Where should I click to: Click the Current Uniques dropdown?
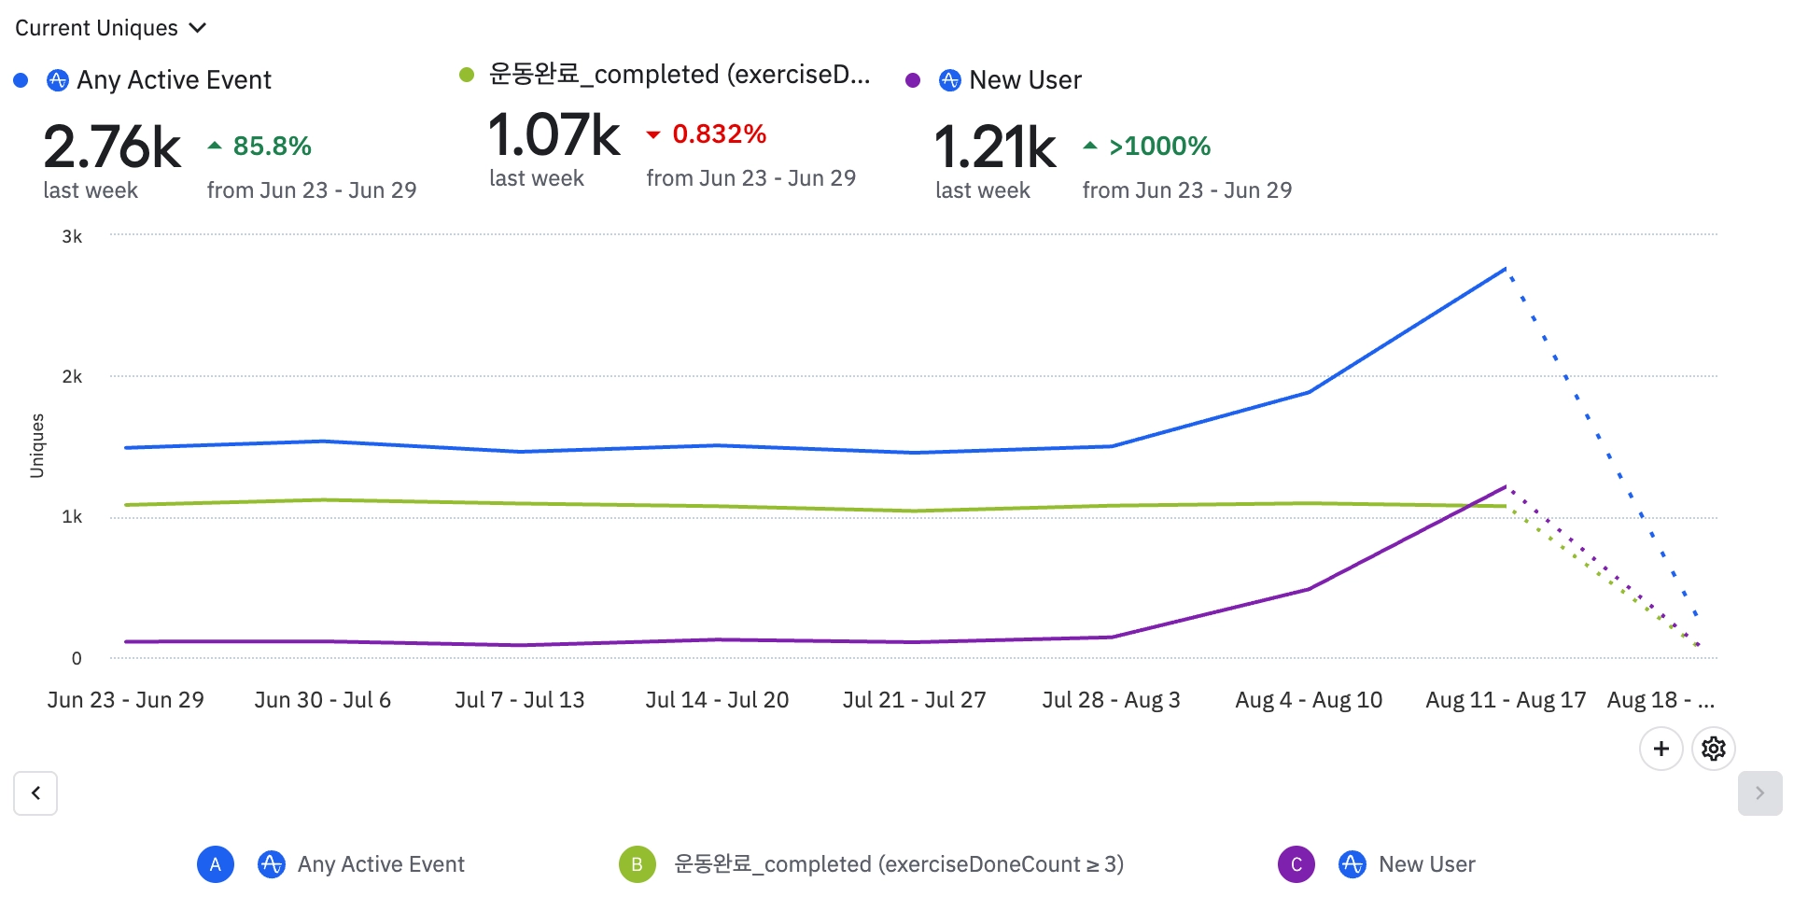click(110, 28)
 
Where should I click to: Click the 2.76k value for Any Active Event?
click(112, 147)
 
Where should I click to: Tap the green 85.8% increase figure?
click(272, 147)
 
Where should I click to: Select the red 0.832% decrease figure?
click(719, 134)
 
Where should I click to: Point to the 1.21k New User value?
click(995, 147)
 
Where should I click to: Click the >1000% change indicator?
click(1159, 147)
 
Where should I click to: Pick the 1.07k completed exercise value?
click(554, 135)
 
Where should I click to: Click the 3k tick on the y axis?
click(72, 237)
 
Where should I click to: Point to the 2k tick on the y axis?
click(72, 377)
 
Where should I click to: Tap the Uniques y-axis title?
click(37, 446)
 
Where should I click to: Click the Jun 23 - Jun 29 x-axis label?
click(126, 700)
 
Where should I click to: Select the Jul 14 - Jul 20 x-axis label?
click(717, 700)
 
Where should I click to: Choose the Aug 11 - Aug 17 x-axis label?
click(1506, 700)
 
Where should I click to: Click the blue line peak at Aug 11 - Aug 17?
click(1506, 269)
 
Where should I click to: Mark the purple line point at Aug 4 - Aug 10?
click(1309, 589)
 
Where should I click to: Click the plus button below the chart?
click(1661, 749)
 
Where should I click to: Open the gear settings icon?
click(1714, 749)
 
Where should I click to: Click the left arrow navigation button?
click(35, 793)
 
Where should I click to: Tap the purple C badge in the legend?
click(1296, 864)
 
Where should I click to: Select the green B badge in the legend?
click(637, 864)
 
